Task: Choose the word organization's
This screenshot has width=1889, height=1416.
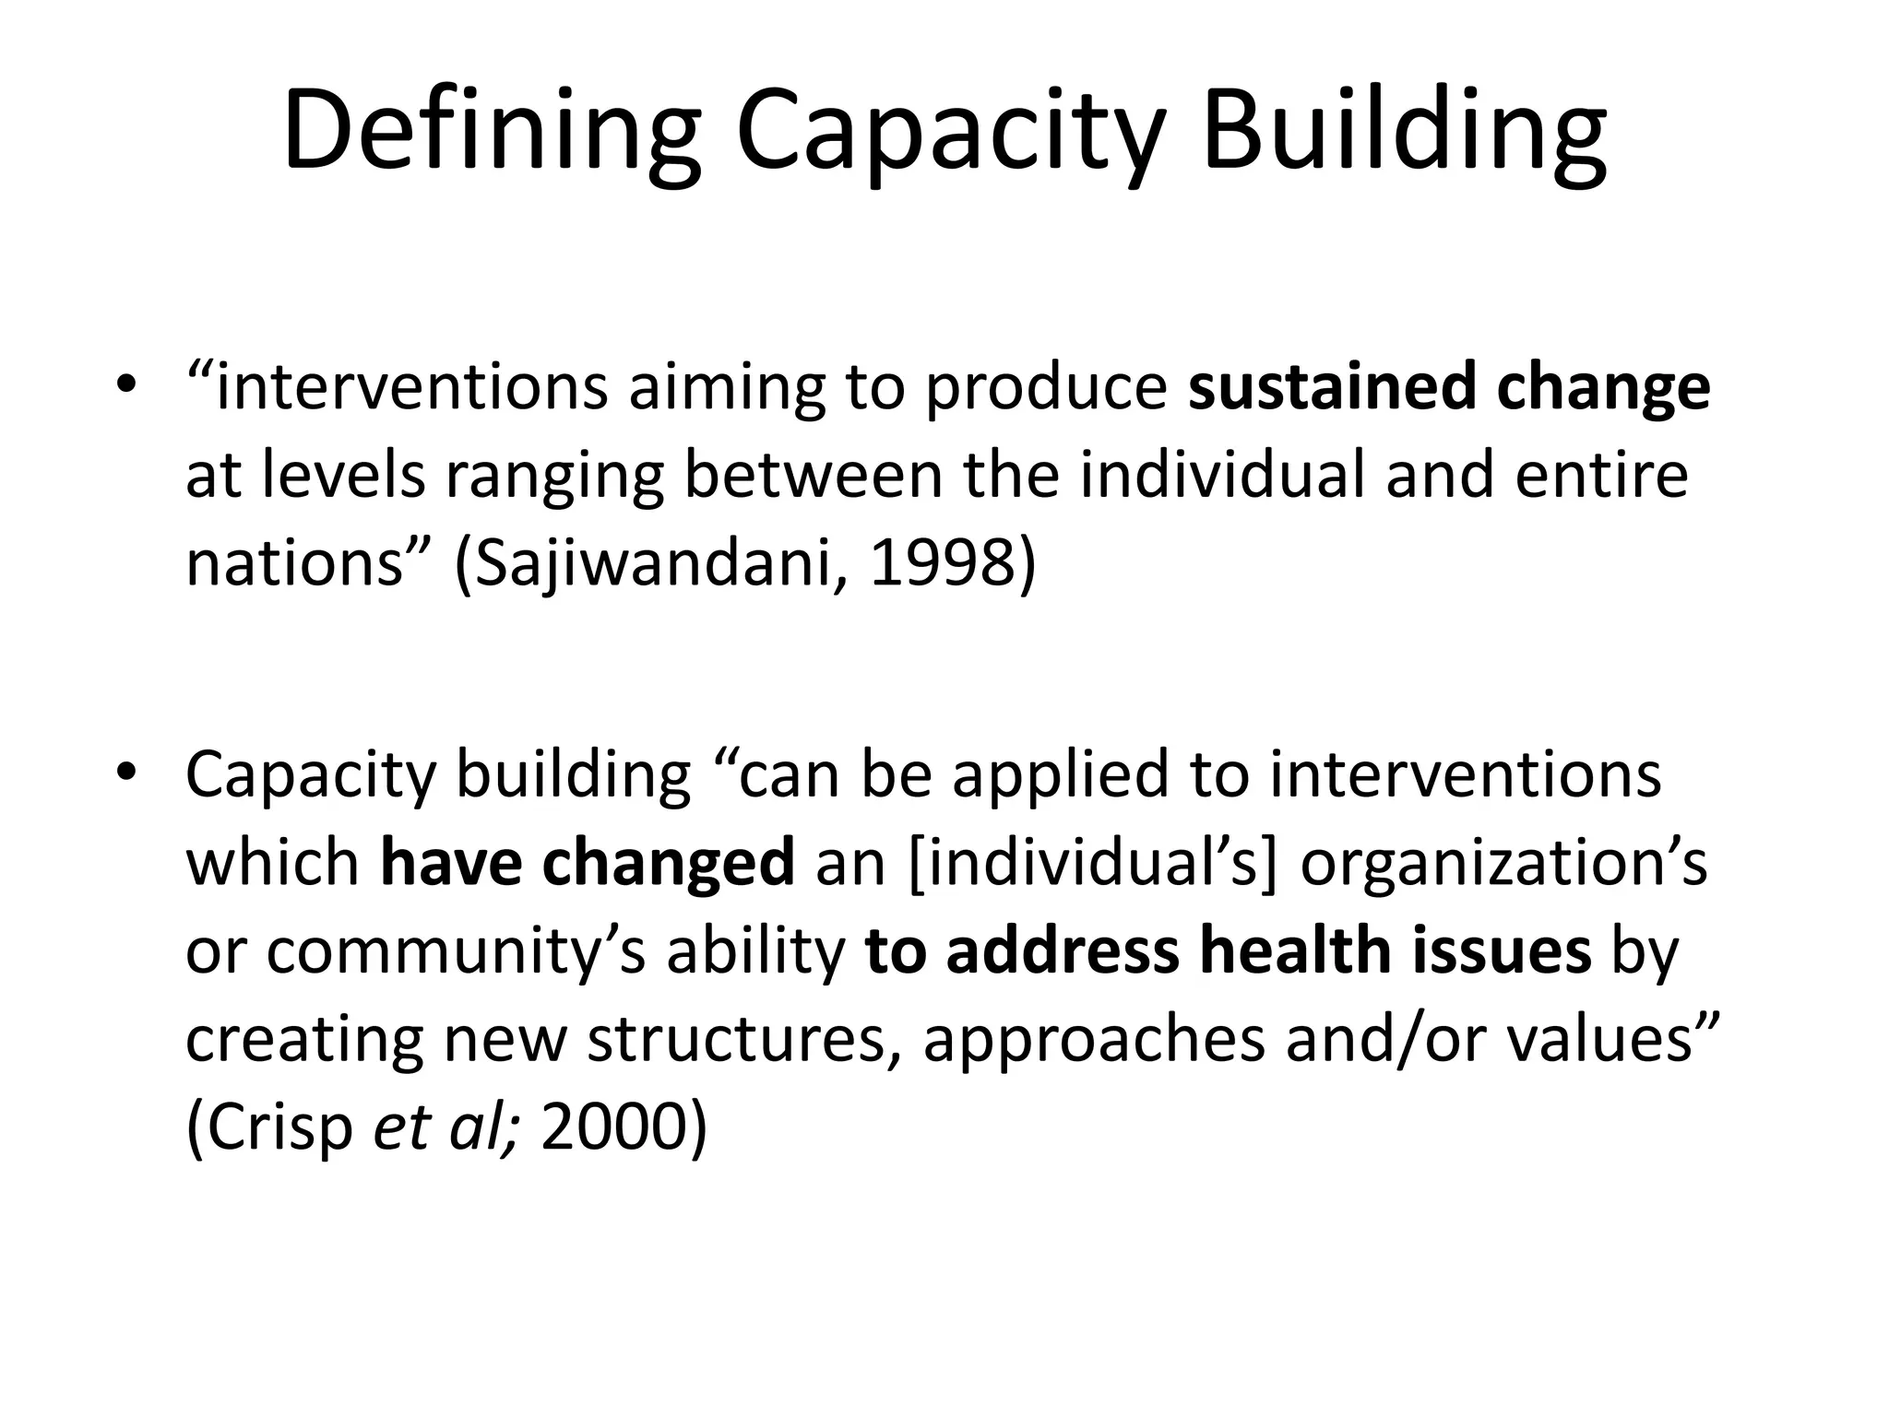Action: [1503, 863]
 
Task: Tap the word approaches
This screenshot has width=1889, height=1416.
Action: [1093, 1039]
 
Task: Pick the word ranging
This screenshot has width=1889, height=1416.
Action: [553, 478]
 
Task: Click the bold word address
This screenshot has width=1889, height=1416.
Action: [1062, 951]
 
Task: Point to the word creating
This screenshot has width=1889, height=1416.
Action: [304, 1039]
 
